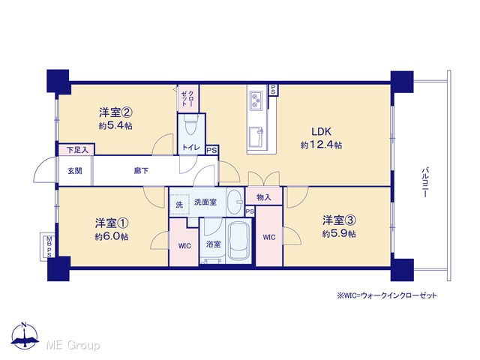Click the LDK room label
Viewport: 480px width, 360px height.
[322, 132]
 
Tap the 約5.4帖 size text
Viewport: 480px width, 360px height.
[115, 125]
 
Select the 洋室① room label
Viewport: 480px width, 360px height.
[112, 223]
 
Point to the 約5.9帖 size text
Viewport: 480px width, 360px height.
[339, 234]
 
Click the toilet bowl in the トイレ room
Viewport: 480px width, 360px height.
[190, 124]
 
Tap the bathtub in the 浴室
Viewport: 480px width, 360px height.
[238, 241]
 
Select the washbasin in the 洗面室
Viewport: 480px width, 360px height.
[235, 202]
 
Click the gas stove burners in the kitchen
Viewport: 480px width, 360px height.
[256, 100]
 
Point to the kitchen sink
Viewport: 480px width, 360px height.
[256, 136]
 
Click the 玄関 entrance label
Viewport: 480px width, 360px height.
[75, 170]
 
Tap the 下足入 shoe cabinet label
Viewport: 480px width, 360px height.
[77, 150]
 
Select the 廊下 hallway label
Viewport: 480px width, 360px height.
[141, 170]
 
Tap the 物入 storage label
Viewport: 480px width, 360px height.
[263, 197]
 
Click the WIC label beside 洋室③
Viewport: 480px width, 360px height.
[269, 237]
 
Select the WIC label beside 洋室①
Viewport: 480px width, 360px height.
[184, 246]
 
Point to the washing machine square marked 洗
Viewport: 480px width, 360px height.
[180, 205]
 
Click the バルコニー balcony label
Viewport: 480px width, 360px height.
[424, 182]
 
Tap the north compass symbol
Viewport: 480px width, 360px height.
[25, 335]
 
